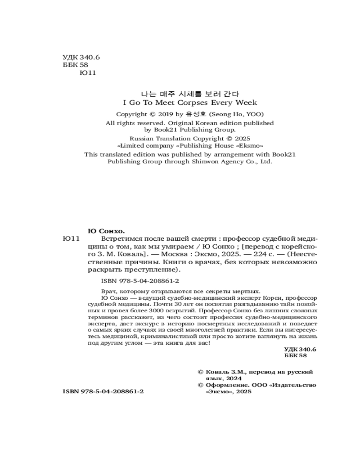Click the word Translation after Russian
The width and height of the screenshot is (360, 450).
tap(174, 139)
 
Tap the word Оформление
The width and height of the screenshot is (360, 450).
tap(226, 385)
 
